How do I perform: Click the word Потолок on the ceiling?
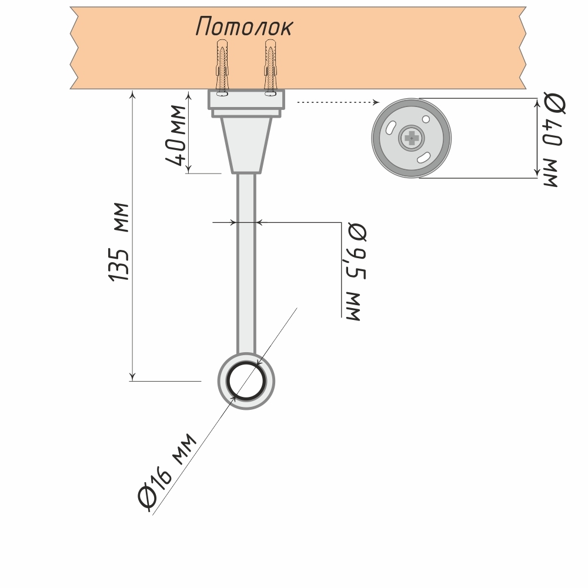coord(244,26)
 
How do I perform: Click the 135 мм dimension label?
coord(120,242)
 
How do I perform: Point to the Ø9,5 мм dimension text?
coord(355,272)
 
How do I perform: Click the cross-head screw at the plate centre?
coord(411,138)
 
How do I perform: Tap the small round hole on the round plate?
coord(426,119)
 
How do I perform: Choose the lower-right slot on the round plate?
coord(423,158)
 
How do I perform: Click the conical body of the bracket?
coord(246,144)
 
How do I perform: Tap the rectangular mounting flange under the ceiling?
coord(246,99)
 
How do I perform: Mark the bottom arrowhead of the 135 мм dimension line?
coord(133,376)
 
